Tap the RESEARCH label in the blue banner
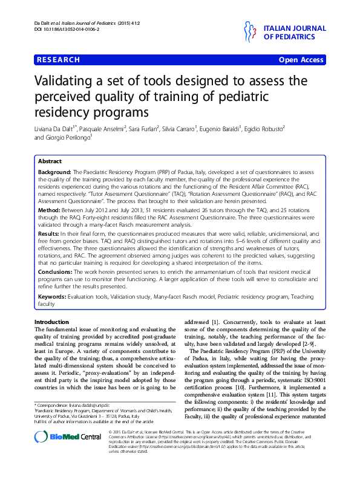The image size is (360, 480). tap(59, 60)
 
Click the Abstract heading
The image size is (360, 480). tap(50, 161)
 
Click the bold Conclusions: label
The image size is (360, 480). tap(56, 272)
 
